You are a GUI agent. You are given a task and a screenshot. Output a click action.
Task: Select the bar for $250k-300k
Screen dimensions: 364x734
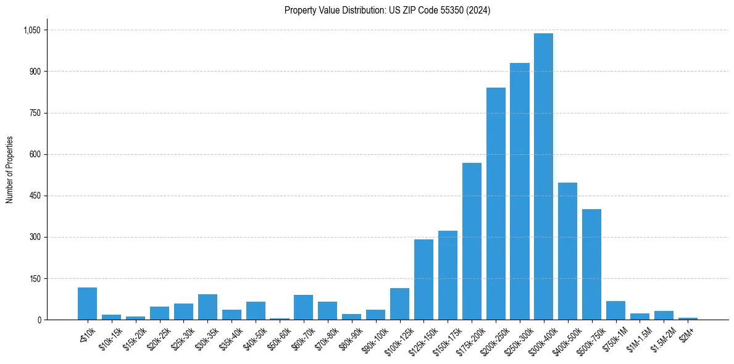519,191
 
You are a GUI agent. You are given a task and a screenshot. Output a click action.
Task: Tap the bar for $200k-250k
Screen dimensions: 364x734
496,204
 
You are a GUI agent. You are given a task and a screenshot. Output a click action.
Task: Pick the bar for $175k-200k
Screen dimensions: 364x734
472,241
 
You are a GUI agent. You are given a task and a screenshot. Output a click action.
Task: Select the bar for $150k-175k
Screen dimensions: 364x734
448,275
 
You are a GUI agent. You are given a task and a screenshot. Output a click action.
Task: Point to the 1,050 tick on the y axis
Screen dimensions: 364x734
31,30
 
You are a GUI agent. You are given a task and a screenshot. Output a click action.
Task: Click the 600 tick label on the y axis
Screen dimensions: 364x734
35,155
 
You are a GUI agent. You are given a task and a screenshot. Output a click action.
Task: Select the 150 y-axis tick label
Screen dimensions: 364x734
35,279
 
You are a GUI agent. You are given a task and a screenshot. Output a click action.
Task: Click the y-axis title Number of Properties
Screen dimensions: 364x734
10,170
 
